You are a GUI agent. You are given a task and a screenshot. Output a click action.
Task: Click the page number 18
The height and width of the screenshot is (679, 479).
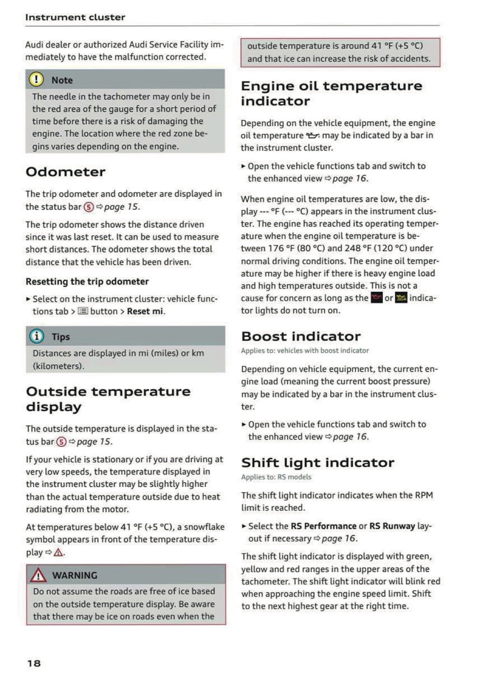34,663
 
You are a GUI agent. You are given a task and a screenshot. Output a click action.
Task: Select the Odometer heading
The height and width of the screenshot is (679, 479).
65,172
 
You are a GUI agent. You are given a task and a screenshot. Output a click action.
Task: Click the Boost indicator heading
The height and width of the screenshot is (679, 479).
301,336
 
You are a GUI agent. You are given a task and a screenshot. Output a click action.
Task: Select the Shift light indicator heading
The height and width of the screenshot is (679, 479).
317,463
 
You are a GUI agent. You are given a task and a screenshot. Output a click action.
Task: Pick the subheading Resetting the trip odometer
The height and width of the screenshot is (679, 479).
87,281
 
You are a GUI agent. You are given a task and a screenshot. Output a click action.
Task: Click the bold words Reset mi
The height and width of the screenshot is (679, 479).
145,311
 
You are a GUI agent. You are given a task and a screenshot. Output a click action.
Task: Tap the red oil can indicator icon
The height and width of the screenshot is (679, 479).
376,298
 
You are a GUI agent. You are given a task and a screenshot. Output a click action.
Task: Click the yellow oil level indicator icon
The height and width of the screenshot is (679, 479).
401,298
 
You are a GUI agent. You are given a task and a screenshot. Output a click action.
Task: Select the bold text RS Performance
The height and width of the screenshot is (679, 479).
324,526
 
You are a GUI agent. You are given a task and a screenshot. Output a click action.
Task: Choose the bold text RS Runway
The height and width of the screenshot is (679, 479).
392,526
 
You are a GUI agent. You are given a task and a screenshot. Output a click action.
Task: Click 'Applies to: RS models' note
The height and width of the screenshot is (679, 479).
276,477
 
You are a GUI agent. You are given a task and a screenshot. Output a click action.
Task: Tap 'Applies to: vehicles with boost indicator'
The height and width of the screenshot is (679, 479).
305,350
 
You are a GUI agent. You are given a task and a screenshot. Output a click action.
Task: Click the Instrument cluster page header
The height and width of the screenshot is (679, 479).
75,17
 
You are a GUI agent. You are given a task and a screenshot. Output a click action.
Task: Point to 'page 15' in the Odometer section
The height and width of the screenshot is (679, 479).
121,207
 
